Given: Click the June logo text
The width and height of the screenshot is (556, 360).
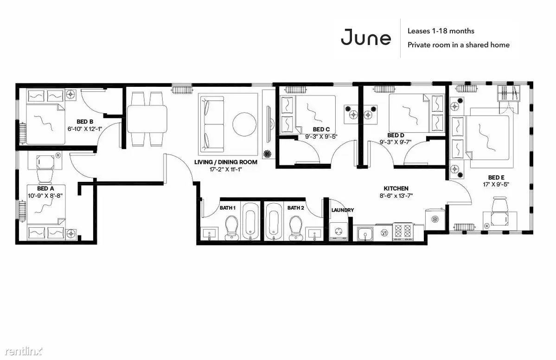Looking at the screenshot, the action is (x=366, y=37).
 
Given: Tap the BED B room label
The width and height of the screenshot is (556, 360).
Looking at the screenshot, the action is (x=85, y=122).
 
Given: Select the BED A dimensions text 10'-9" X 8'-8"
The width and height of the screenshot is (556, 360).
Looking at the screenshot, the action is (x=45, y=195).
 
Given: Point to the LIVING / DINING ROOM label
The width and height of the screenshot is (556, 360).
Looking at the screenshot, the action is (x=225, y=162).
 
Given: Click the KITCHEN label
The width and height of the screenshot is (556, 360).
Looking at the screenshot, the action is (x=396, y=188).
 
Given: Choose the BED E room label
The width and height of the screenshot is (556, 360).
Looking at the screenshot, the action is (x=496, y=177).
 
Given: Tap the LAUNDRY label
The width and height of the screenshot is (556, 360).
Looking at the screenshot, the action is (x=343, y=210).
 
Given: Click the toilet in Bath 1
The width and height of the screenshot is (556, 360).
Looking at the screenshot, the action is (x=232, y=228).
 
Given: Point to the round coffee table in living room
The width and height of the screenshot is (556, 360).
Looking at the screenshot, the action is (x=245, y=124).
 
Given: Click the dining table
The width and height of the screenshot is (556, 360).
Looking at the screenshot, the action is (x=147, y=119).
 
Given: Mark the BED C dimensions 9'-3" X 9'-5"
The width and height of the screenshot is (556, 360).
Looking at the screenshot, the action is (x=321, y=136).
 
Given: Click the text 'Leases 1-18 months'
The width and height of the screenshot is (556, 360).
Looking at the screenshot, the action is (x=441, y=31).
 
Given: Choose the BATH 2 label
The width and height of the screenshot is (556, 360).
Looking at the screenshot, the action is (x=296, y=208).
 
